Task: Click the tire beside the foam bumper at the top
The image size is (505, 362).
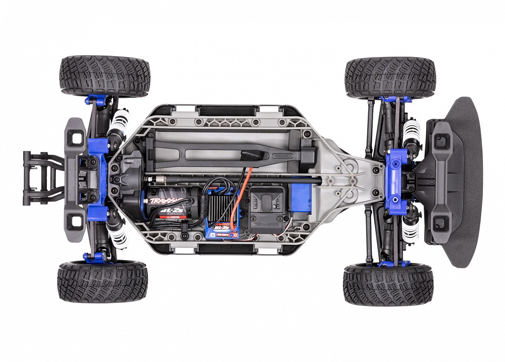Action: click(390, 77)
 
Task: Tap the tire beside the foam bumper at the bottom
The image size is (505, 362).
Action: click(388, 284)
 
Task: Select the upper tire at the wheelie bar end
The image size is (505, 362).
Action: click(105, 76)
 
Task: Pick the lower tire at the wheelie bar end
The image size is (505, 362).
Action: click(103, 281)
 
